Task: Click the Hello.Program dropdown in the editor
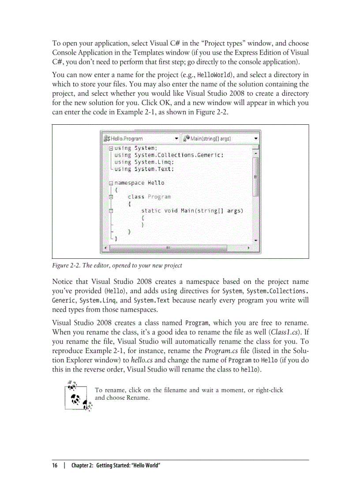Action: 141,138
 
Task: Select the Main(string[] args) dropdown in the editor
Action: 221,138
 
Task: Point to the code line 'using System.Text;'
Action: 144,169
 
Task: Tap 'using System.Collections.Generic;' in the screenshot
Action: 169,155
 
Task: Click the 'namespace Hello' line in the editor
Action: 139,182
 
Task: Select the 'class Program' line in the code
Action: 149,197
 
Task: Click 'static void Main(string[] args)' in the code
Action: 192,211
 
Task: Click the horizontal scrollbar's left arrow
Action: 105,248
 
